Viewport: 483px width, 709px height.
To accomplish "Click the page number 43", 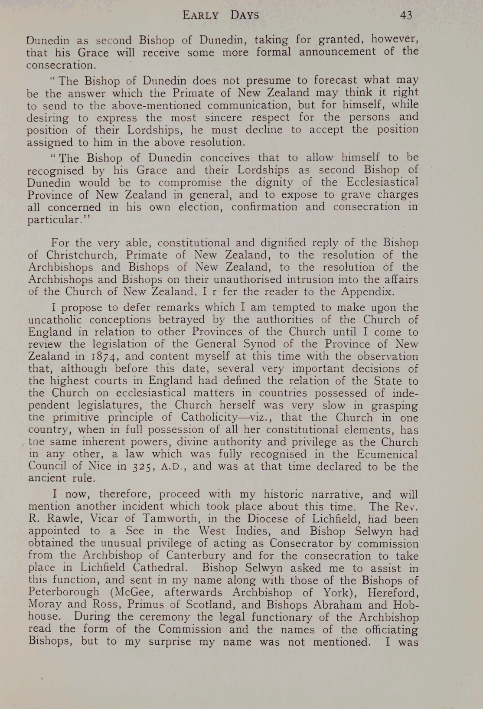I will [406, 15].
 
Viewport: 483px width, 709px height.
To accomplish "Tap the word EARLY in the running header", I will [201, 16].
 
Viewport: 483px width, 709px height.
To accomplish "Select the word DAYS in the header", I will [245, 16].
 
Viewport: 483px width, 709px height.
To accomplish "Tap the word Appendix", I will [367, 291].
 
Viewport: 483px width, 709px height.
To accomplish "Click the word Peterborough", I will [63, 592].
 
